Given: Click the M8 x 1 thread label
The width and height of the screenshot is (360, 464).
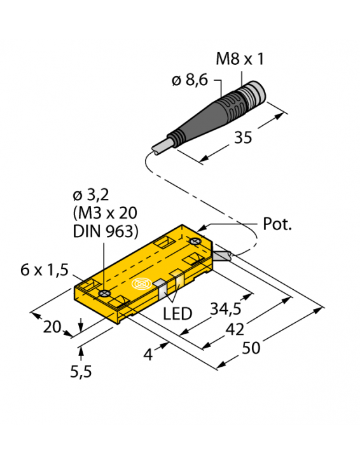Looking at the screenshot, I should coord(240,59).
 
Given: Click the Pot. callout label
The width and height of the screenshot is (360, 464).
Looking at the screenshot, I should coord(277,224).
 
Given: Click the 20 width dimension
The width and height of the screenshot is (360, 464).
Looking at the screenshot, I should coord(52,327).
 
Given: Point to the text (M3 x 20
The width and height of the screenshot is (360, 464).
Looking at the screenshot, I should coord(106,213).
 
